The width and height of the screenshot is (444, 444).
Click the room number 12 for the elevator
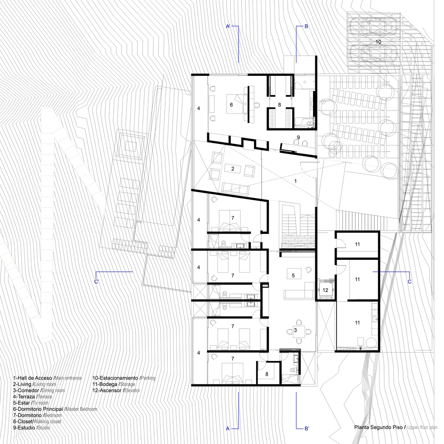[325, 290]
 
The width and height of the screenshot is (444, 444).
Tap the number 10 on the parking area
[378, 42]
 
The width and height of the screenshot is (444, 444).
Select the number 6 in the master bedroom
[231, 105]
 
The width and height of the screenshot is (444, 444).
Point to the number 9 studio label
[298, 137]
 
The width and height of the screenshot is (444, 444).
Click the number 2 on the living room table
[233, 169]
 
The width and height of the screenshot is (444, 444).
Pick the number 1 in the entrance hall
[295, 181]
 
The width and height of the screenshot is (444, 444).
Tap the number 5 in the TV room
[293, 275]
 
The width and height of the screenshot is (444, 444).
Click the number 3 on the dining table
[295, 330]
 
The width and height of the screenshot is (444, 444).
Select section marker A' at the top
[229, 27]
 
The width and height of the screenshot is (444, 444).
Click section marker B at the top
[306, 27]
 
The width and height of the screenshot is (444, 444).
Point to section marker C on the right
[409, 281]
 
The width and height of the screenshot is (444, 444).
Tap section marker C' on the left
[96, 281]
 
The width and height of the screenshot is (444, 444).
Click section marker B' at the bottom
[307, 428]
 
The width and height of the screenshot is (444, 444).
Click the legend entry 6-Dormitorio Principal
[38, 409]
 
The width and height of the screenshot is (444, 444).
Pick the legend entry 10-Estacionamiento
[115, 378]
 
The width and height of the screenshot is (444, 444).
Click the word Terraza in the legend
[26, 396]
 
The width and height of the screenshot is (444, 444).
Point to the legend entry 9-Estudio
[24, 428]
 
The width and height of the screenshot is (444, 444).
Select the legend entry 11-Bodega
[105, 384]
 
